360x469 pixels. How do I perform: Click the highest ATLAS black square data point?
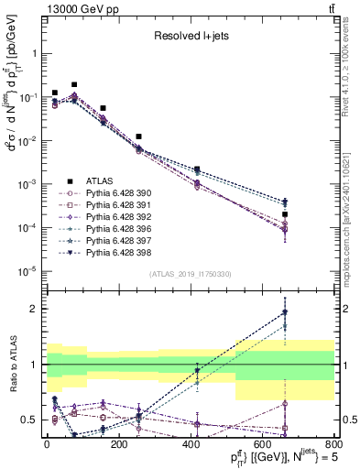(74, 84)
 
